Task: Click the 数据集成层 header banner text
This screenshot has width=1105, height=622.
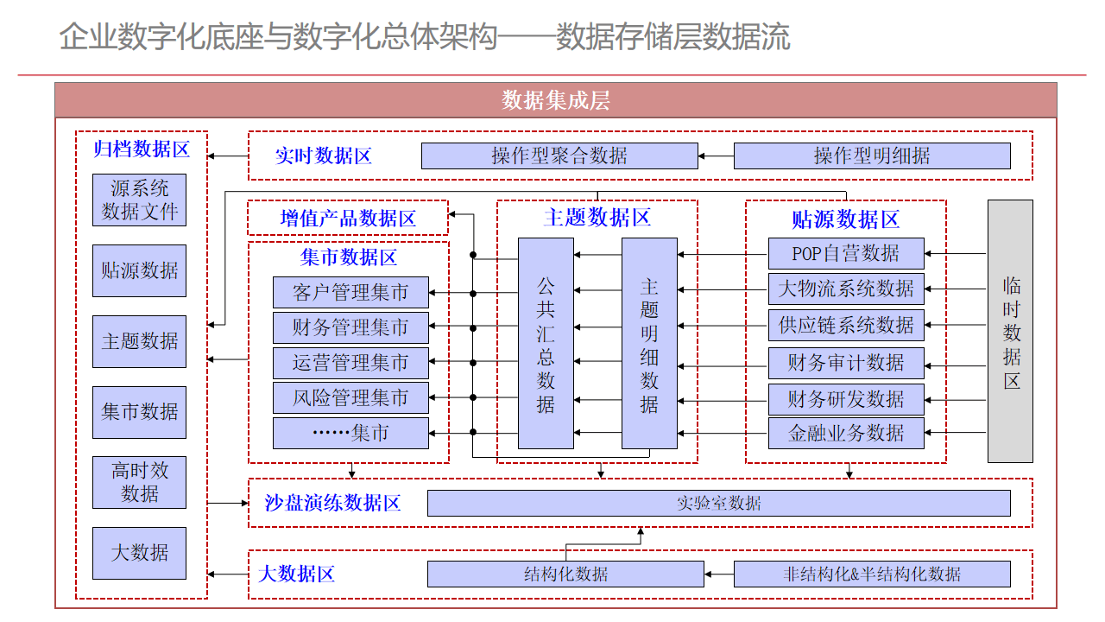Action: (x=556, y=100)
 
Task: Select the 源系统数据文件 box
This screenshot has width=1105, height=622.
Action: (x=140, y=200)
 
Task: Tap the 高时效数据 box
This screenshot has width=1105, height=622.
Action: (x=140, y=482)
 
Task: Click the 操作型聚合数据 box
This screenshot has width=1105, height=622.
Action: (x=559, y=156)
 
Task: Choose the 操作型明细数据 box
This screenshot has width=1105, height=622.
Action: (x=872, y=156)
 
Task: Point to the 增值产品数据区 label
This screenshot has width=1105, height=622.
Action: (x=348, y=219)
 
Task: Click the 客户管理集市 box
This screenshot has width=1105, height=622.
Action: (x=350, y=293)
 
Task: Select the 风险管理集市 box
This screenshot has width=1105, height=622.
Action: (x=350, y=398)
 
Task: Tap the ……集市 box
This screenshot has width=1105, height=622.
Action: (x=350, y=434)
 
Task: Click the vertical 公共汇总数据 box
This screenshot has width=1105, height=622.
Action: (x=546, y=344)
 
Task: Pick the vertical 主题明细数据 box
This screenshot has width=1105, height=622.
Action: (x=649, y=344)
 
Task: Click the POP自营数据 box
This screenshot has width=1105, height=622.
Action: (x=846, y=254)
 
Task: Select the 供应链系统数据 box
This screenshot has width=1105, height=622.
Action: (x=846, y=326)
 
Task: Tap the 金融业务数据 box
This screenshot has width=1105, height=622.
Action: (x=846, y=434)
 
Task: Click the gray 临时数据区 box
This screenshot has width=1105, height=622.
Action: (x=1010, y=331)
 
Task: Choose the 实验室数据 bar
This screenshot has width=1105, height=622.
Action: (x=719, y=503)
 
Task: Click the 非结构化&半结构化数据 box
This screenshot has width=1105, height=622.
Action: (x=872, y=574)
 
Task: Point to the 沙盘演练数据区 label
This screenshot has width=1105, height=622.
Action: (x=332, y=503)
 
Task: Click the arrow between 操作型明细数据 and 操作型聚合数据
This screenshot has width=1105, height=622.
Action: (x=717, y=156)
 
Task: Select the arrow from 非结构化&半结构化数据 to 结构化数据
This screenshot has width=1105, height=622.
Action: (x=719, y=574)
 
